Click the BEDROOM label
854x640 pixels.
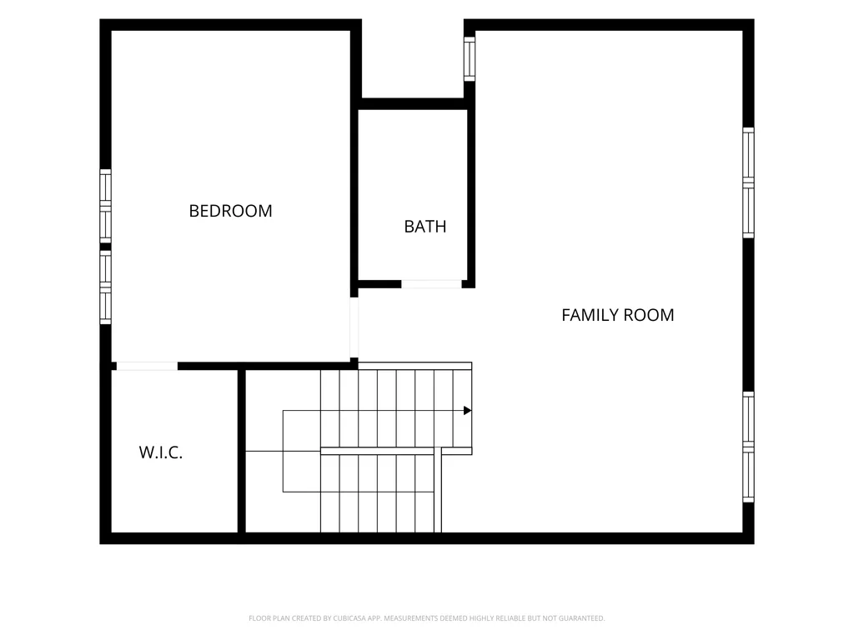pyautogui.click(x=230, y=211)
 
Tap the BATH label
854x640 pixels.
pyautogui.click(x=424, y=227)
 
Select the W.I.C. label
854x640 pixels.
pyautogui.click(x=161, y=452)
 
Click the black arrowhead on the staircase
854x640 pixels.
pyautogui.click(x=467, y=410)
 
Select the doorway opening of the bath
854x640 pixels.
pyautogui.click(x=431, y=284)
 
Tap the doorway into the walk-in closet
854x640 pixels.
pyautogui.click(x=147, y=367)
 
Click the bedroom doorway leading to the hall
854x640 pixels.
pyautogui.click(x=354, y=327)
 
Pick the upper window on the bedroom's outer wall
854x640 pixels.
pyautogui.click(x=105, y=207)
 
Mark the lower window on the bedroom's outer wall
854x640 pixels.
pyautogui.click(x=105, y=287)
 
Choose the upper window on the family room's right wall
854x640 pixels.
pyautogui.click(x=748, y=182)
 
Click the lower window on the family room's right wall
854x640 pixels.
pyautogui.click(x=748, y=447)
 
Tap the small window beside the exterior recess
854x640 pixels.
pyautogui.click(x=470, y=59)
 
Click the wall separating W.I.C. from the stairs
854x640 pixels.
pyautogui.click(x=241, y=451)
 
